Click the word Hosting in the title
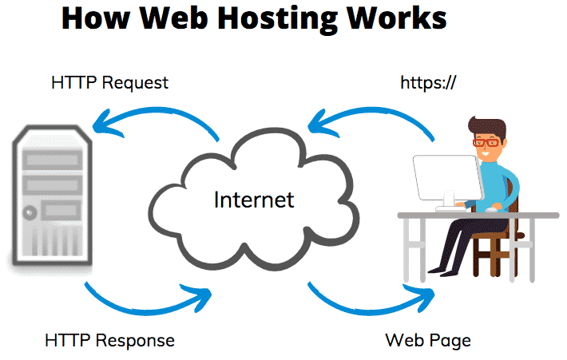tap(277, 19)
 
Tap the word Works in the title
tap(397, 18)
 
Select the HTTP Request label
tap(109, 83)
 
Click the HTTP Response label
tap(109, 341)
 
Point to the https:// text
tap(428, 83)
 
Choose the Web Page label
tap(428, 341)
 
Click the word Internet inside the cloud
tap(254, 200)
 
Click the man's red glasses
tap(487, 142)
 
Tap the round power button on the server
tap(30, 212)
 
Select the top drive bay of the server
tap(53, 160)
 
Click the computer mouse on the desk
tap(490, 209)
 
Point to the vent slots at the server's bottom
tap(53, 243)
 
